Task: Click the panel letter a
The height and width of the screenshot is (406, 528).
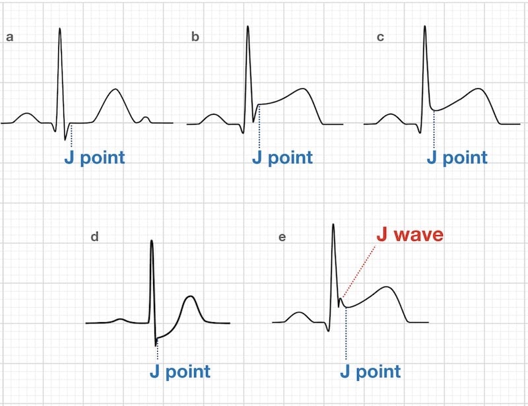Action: click(10, 37)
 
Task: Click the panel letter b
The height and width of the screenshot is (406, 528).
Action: click(195, 36)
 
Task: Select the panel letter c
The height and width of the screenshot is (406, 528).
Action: click(380, 37)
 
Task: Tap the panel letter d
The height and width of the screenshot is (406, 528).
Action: click(94, 236)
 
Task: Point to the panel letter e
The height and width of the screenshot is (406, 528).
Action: click(282, 237)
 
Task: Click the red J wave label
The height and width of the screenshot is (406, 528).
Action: click(410, 234)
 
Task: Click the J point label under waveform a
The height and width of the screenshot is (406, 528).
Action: click(94, 157)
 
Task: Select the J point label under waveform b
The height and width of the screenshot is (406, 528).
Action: click(282, 157)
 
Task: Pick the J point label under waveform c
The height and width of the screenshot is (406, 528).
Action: click(457, 157)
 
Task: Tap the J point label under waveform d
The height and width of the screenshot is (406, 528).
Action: click(180, 371)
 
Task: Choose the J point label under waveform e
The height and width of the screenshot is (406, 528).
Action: click(370, 371)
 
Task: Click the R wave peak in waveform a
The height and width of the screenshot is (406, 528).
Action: click(60, 28)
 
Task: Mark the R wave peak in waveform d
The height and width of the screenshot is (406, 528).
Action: click(152, 240)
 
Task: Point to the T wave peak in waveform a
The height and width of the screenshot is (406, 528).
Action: click(115, 89)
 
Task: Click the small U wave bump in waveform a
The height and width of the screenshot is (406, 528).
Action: click(145, 118)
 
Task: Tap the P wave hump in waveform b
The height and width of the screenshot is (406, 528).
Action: click(213, 115)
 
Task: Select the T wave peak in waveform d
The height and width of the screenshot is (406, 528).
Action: click(191, 296)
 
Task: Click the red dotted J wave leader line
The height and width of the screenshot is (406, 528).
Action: click(359, 271)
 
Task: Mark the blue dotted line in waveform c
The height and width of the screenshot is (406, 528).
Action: click(434, 129)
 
